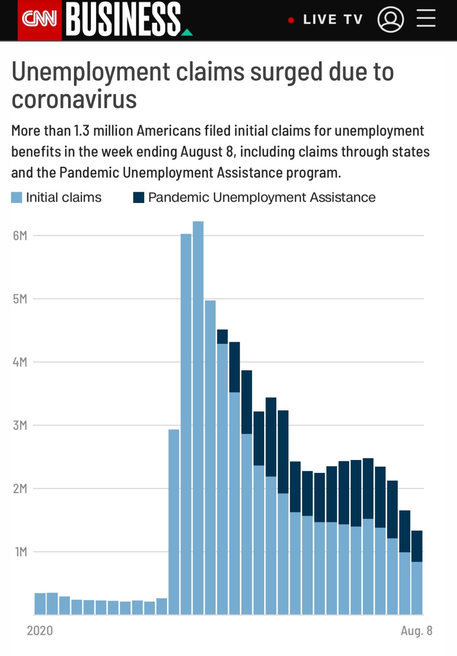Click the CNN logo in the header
(39, 19)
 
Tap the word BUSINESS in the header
(123, 19)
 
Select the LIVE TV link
(332, 20)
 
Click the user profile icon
(391, 20)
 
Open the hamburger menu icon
(426, 19)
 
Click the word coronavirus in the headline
(74, 100)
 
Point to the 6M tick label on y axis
(20, 236)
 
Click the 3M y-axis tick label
(20, 426)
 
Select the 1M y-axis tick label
(21, 552)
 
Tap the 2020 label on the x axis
(40, 631)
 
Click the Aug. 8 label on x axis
(416, 631)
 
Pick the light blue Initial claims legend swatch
(17, 198)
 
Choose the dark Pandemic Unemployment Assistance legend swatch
(138, 198)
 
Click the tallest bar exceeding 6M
(198, 415)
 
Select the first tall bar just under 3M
(174, 519)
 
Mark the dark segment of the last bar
(417, 546)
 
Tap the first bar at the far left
(40, 604)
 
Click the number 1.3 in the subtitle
(81, 131)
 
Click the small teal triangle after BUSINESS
(187, 32)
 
